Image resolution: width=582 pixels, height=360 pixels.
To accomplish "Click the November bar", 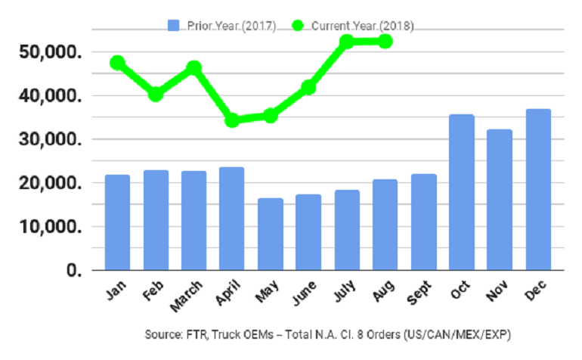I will click(499, 200).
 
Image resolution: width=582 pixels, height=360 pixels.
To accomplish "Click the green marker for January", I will click(117, 63).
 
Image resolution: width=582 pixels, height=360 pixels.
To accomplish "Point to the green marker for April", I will click(232, 119).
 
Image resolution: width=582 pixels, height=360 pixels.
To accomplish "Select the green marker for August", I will click(385, 41).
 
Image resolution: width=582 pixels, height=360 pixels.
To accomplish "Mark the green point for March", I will click(193, 68).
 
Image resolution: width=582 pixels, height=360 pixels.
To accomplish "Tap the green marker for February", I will click(156, 95).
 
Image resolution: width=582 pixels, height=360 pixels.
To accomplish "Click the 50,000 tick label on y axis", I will click(52, 53).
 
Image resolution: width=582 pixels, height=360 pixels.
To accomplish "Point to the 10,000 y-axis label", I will click(52, 227).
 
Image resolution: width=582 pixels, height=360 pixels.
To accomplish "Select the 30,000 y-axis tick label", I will click(52, 140).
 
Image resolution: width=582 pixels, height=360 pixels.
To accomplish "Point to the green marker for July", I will click(346, 42).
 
